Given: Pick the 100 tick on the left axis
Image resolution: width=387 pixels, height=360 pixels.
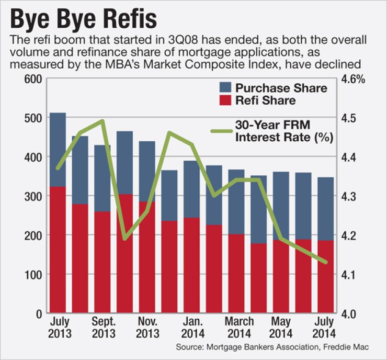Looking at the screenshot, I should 33,275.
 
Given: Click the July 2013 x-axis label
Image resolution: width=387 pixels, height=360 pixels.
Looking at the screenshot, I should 58,327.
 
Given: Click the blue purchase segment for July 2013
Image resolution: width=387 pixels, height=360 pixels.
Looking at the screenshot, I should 58,149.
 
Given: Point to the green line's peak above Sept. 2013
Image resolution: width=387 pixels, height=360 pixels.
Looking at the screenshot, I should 102,121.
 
